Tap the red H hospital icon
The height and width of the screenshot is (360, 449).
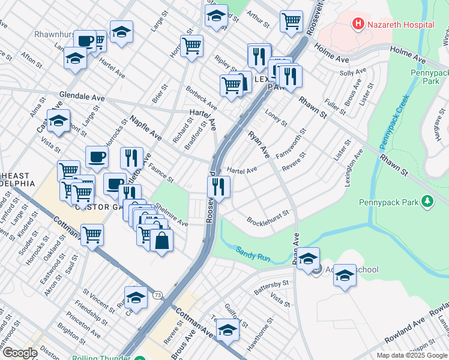tap(358, 25)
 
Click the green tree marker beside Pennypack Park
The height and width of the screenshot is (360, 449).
tap(427, 202)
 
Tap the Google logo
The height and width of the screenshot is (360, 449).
tap(19, 353)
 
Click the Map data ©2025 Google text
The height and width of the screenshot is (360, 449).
tap(412, 355)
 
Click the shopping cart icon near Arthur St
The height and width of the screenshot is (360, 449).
tap(291, 21)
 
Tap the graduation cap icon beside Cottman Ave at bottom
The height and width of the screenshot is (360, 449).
tap(228, 329)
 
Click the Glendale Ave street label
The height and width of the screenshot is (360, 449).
tap(82, 97)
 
